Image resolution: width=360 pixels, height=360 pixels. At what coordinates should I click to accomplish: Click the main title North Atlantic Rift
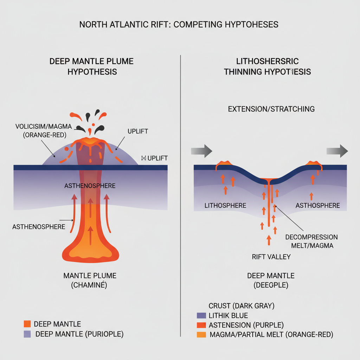[179, 24]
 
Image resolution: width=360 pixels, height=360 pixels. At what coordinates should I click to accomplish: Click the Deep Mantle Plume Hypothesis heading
[91, 66]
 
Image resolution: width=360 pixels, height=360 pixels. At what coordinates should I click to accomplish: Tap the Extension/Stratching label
[271, 109]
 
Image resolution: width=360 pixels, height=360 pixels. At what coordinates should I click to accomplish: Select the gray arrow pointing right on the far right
[337, 151]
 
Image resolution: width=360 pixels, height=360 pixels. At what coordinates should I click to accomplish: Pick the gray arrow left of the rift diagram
[201, 151]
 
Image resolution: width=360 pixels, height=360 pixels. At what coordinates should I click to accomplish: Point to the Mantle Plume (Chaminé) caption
[90, 280]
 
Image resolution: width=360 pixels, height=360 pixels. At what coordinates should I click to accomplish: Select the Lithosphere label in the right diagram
[225, 205]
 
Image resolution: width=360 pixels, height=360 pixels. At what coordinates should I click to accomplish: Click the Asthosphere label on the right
[318, 205]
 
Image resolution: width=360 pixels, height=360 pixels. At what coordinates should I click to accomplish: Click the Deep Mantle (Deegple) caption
[271, 280]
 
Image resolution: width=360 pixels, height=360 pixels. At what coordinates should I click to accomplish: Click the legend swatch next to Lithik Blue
[201, 315]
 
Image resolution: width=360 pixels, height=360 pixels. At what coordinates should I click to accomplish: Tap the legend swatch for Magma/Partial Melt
[201, 335]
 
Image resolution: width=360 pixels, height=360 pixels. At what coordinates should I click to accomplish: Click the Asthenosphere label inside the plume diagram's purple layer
[90, 186]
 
